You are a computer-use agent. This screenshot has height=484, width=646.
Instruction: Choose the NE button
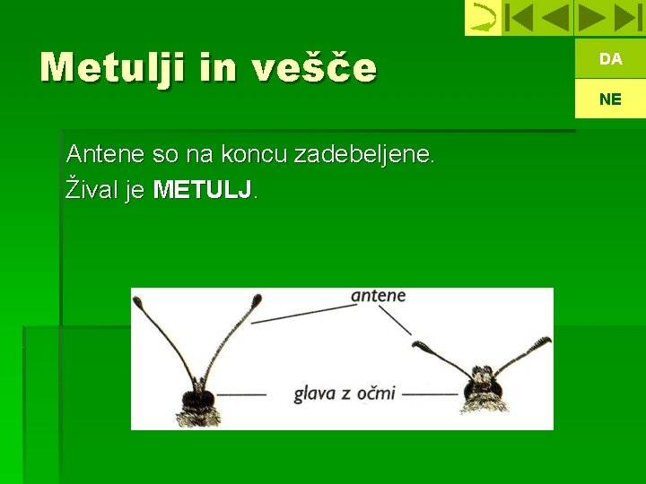coord(610,99)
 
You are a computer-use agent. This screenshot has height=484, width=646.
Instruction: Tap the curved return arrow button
coord(483,18)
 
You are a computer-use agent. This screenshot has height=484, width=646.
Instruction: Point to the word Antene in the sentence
coord(106,154)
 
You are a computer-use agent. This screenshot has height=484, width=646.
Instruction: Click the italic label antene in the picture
coord(378,296)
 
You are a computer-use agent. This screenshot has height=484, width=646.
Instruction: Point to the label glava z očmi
coord(345,393)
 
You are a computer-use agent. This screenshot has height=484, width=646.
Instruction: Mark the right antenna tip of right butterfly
coord(541,343)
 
